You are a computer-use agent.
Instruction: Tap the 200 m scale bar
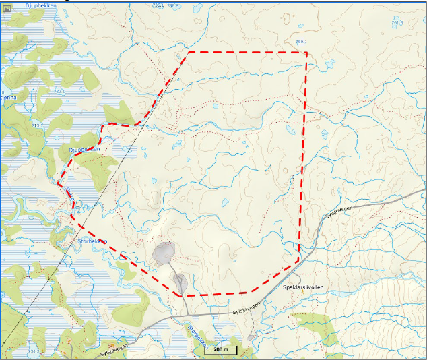[x=220, y=351]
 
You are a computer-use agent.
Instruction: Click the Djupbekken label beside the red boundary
[x=84, y=149]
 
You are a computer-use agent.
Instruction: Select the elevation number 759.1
[x=301, y=42]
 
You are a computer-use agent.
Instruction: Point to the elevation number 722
[x=59, y=90]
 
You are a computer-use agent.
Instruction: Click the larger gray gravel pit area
[x=163, y=253]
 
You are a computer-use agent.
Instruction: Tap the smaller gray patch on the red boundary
[x=180, y=282]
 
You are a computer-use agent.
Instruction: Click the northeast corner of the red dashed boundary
[x=306, y=52]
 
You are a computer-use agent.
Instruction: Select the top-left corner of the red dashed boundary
[x=189, y=52]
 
